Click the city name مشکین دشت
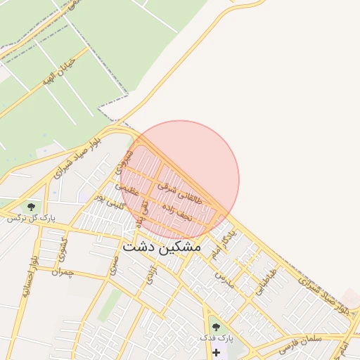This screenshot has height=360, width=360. point(162,247)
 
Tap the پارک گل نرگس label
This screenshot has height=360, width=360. point(31,218)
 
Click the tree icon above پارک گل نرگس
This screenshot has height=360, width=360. point(31,207)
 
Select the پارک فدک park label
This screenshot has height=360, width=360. point(216,339)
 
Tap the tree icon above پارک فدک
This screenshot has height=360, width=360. point(216,328)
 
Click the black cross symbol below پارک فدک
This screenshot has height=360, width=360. point(216,351)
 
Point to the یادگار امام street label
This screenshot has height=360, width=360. point(224,243)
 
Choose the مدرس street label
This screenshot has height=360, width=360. point(224,281)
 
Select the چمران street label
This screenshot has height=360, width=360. point(62,271)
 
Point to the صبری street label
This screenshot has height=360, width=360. point(113,264)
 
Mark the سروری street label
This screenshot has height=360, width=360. point(124,162)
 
